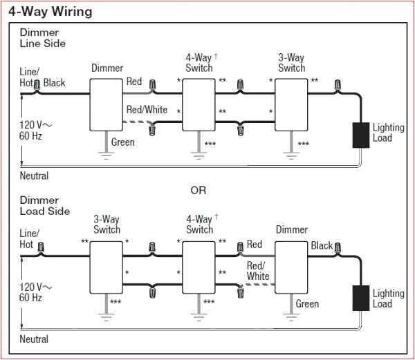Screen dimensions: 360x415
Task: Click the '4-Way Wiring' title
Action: (x=53, y=12)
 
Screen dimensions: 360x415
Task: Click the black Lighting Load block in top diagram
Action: (x=361, y=135)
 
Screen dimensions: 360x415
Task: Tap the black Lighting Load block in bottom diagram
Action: (x=361, y=298)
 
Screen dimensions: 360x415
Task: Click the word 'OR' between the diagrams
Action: (x=199, y=190)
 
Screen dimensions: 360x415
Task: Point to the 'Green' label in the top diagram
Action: (x=122, y=142)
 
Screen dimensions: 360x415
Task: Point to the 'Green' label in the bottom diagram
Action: (x=307, y=303)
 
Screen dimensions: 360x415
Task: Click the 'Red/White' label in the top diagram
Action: (x=147, y=109)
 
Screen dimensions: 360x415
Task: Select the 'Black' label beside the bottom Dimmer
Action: (x=322, y=245)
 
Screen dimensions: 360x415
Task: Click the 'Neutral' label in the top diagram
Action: (x=34, y=176)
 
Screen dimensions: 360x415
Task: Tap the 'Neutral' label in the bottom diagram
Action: (x=34, y=339)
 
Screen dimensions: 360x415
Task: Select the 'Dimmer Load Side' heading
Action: (x=45, y=205)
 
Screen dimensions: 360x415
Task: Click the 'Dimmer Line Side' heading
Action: (x=43, y=38)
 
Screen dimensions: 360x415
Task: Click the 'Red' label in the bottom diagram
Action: (x=255, y=245)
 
